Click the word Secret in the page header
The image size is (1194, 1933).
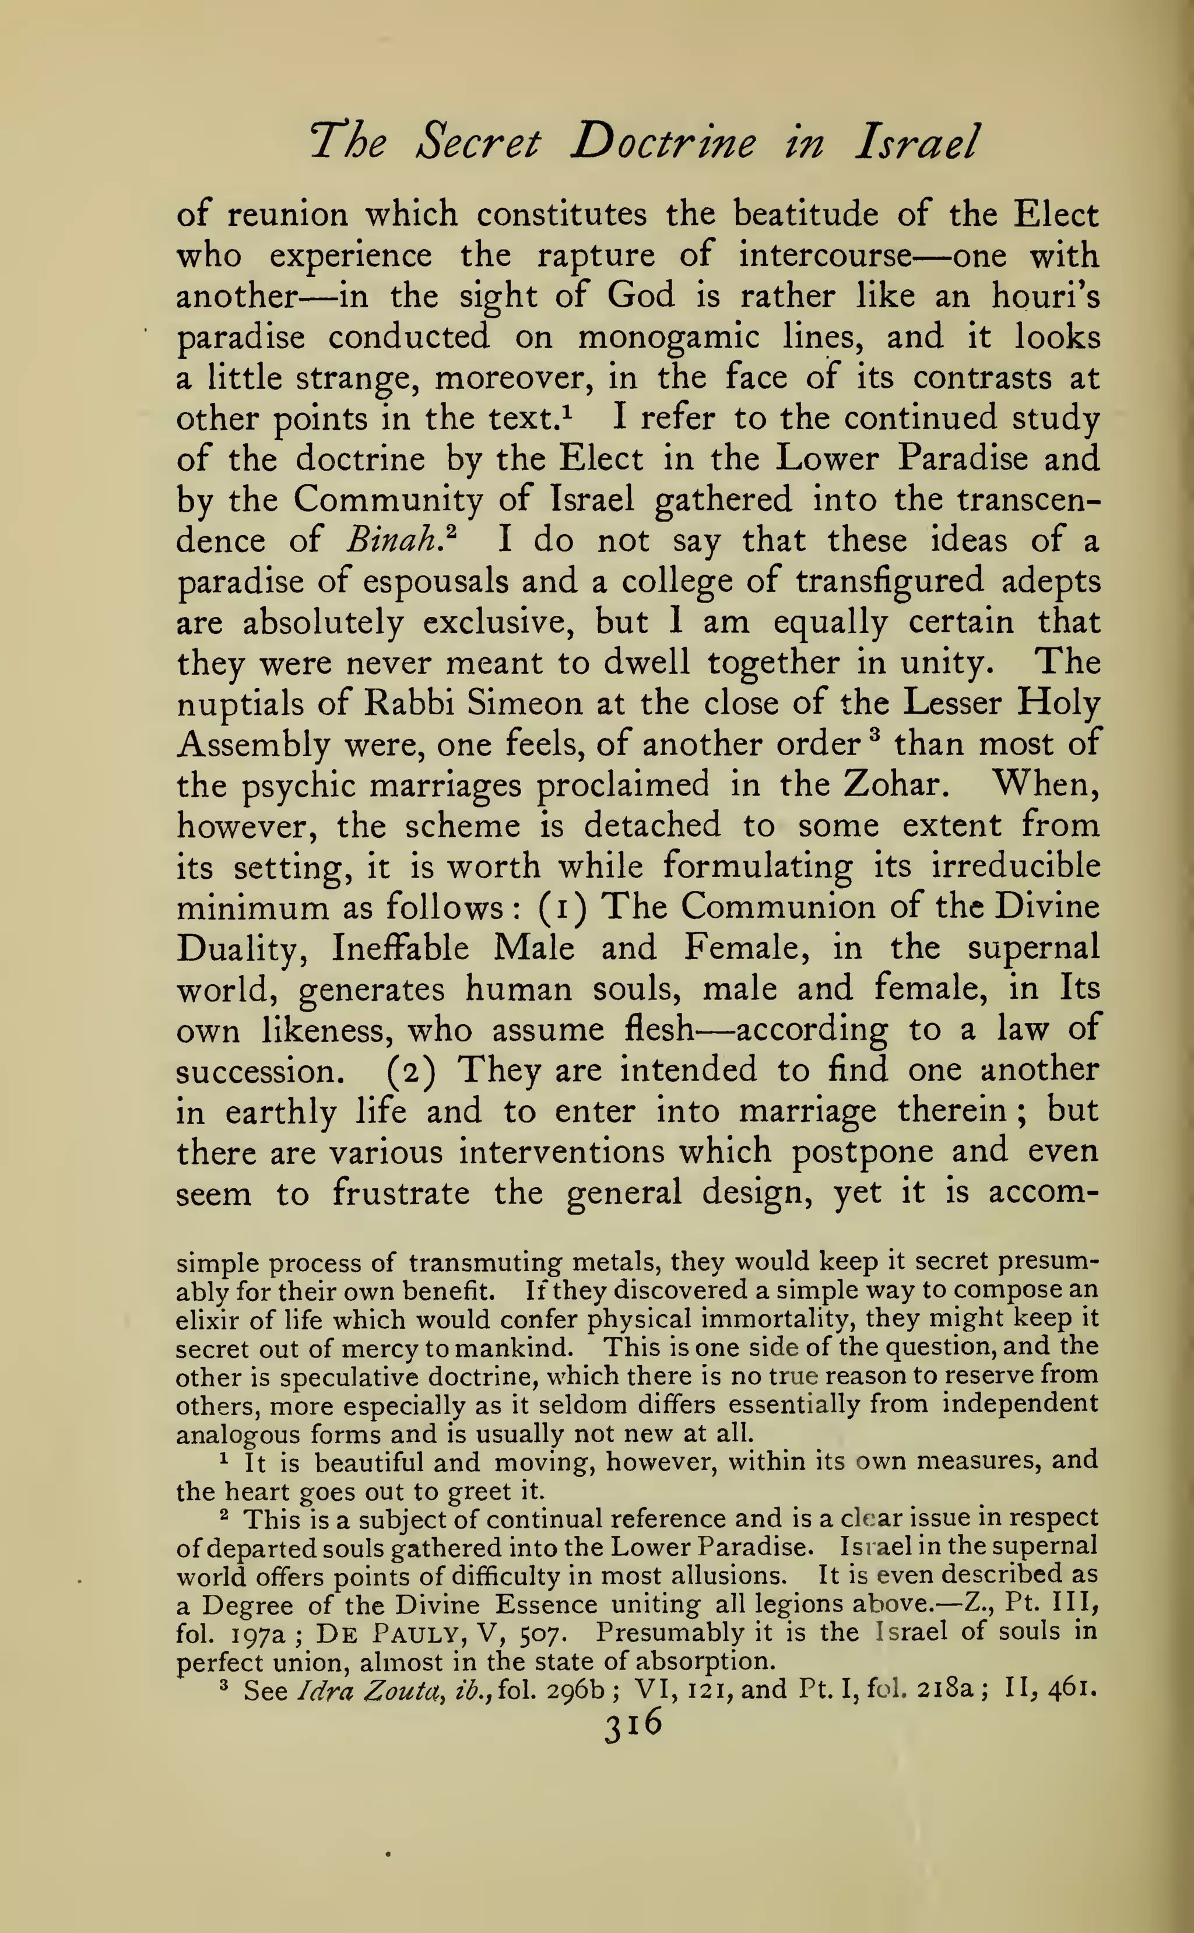coord(479,143)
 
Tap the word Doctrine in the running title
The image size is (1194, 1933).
coord(663,143)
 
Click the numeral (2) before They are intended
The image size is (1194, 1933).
coord(408,1071)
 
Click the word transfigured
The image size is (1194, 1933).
coord(889,582)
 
